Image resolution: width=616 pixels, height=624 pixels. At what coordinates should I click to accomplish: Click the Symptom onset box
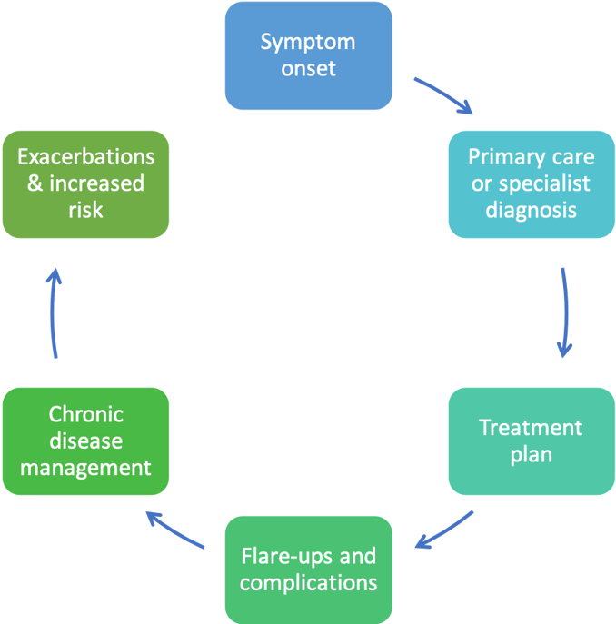[308, 54]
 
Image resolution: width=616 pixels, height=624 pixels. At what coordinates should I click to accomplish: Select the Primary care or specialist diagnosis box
[531, 183]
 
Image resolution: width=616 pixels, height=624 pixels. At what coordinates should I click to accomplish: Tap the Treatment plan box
[531, 441]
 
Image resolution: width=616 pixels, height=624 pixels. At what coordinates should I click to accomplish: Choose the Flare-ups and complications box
[308, 569]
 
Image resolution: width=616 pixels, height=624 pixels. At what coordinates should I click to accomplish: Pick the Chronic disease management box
[85, 441]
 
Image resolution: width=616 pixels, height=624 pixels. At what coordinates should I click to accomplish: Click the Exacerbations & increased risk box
[85, 183]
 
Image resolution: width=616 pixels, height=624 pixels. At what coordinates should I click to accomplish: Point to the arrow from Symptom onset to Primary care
[443, 96]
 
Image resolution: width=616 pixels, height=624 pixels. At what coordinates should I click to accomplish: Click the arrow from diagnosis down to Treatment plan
[564, 312]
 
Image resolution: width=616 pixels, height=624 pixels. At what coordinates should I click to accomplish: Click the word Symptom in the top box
[308, 42]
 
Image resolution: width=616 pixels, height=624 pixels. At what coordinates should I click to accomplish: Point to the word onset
[308, 68]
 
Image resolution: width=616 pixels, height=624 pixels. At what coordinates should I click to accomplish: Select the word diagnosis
[531, 210]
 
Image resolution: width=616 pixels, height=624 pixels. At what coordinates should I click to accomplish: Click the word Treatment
[531, 427]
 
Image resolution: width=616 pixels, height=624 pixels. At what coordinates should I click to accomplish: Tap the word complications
[308, 582]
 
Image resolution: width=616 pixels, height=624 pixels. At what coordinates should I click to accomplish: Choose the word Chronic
[85, 414]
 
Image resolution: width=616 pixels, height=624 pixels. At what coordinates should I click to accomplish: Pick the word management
[85, 468]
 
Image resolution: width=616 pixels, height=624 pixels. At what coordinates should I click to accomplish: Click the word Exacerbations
[85, 156]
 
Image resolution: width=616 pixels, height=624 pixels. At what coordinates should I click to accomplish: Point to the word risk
[85, 210]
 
